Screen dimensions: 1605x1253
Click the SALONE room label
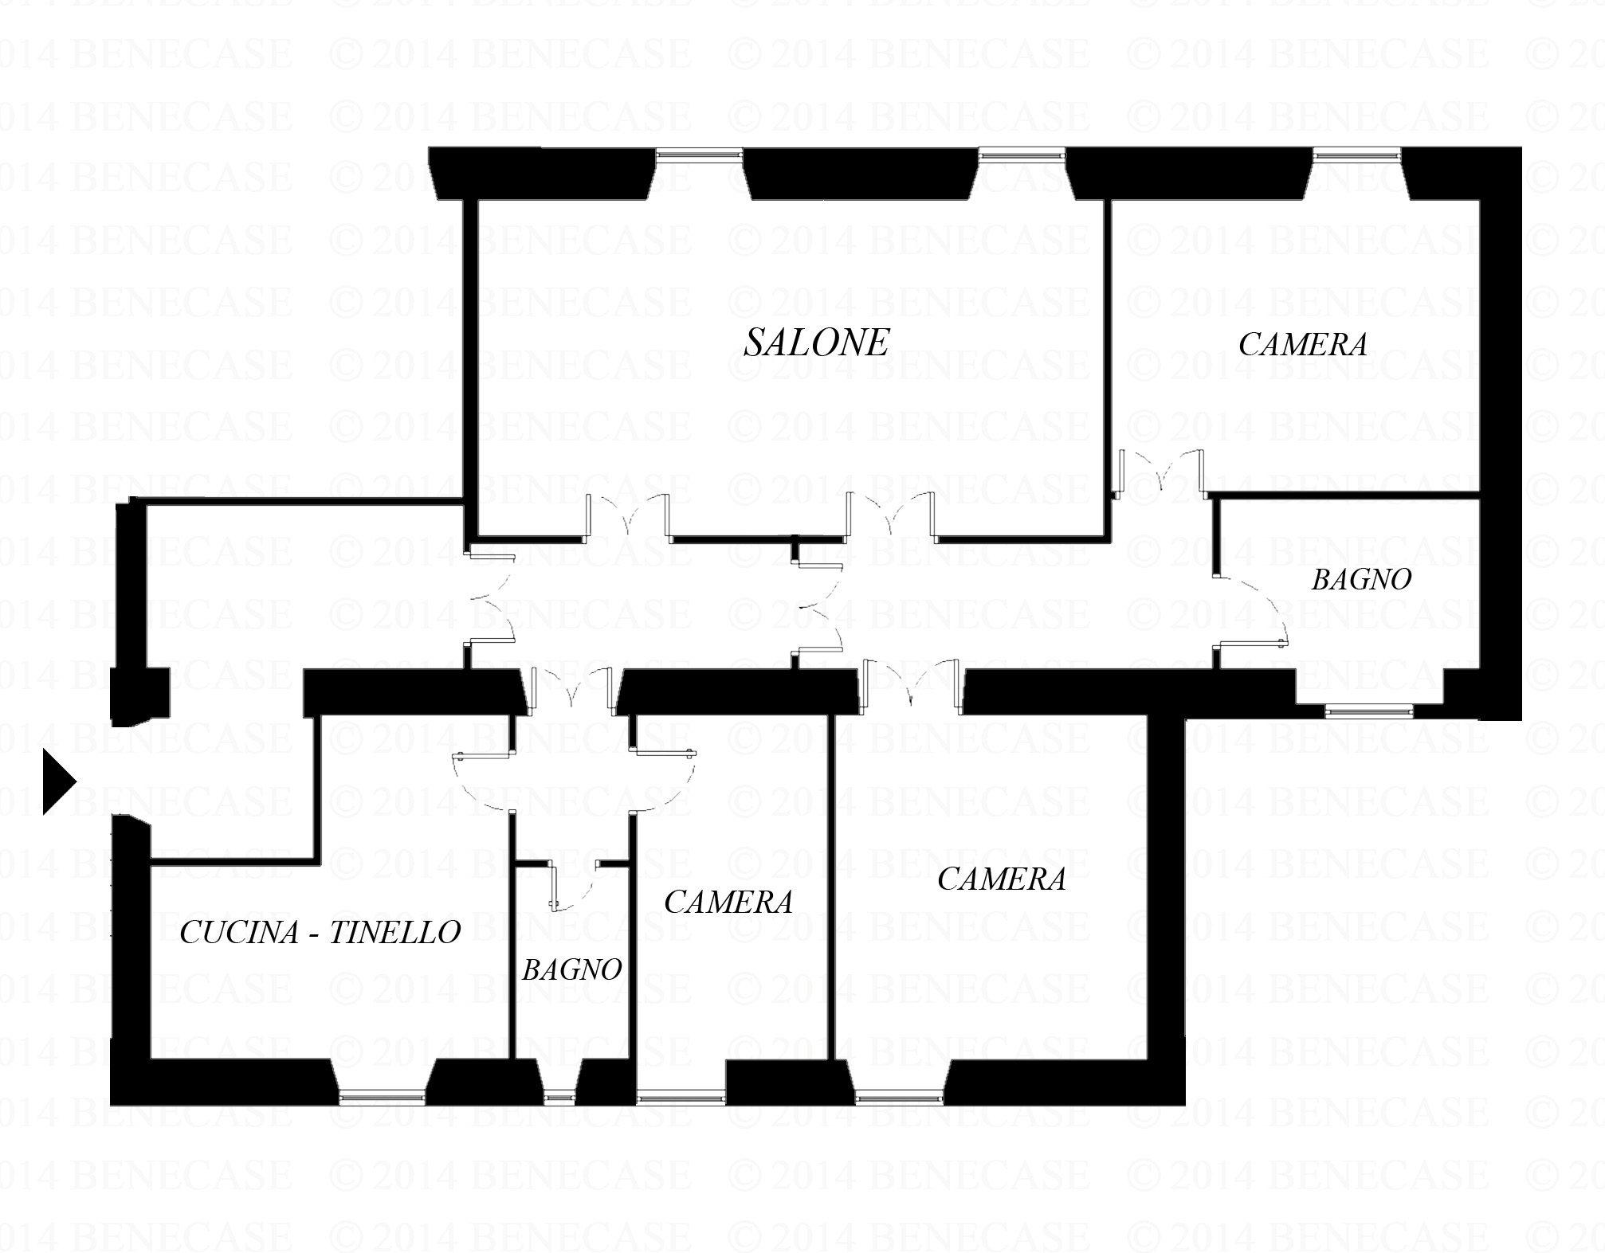tap(816, 343)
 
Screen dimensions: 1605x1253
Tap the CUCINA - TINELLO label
tap(320, 932)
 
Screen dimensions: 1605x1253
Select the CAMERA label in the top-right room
tap(1303, 344)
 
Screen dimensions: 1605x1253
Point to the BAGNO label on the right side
tap(1361, 579)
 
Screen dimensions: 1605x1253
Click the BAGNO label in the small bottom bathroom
tap(571, 969)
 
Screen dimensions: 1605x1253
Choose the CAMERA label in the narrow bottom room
tap(728, 902)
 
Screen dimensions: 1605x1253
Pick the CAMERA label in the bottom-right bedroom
tap(1002, 879)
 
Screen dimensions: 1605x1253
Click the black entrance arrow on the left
tap(59, 782)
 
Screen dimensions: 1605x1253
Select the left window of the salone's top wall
tap(700, 155)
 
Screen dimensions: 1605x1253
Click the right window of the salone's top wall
tap(1022, 155)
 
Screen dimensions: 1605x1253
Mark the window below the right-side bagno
tap(1368, 711)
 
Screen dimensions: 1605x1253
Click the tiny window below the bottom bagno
tap(559, 1098)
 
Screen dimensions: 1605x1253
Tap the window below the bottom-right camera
tap(901, 1098)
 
